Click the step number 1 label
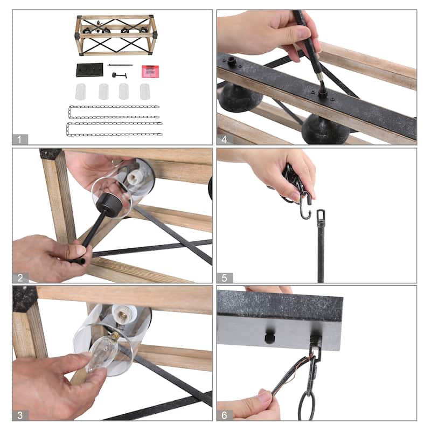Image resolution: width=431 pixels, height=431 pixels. [19, 140]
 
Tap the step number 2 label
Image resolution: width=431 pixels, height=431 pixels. [20, 278]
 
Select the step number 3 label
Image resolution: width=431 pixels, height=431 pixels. [20, 415]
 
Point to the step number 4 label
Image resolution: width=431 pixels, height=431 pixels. [224, 140]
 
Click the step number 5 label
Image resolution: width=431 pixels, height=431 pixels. [224, 278]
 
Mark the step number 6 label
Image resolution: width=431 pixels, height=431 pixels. [224, 415]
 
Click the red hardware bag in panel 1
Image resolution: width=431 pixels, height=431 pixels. [150, 71]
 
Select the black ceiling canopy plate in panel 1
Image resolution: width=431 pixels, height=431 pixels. [89, 70]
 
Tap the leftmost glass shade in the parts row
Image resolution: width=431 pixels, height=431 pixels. [80, 92]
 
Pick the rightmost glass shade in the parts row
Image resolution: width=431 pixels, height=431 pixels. [145, 92]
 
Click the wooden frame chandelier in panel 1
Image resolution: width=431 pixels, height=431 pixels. [116, 35]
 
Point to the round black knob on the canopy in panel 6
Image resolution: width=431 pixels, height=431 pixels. [269, 338]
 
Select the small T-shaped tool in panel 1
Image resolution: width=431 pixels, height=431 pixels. [119, 75]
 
